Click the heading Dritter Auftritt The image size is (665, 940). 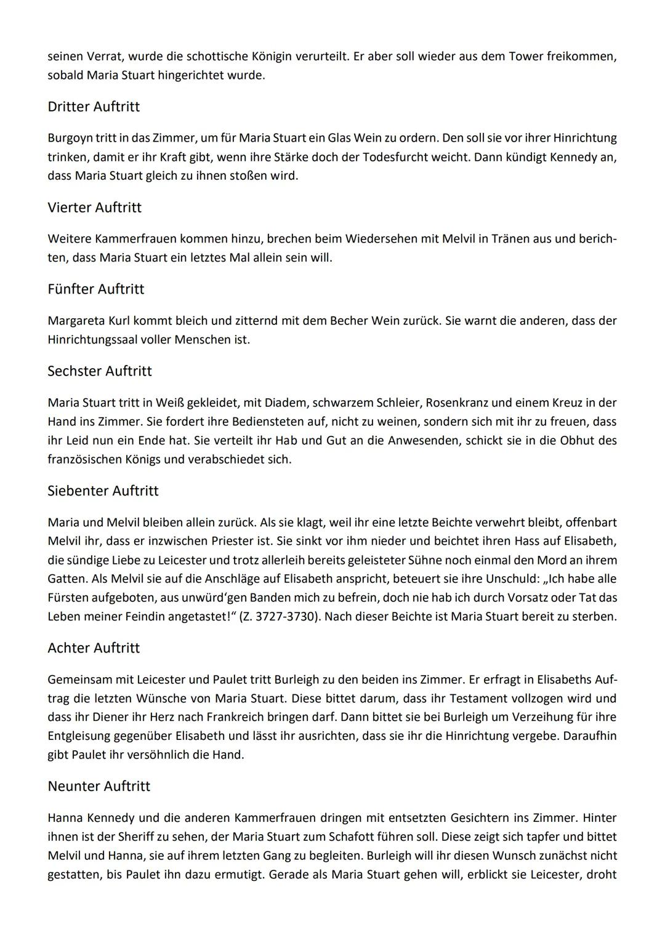coord(94,106)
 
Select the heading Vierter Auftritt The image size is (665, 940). coord(94,207)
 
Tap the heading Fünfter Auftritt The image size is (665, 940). coord(95,289)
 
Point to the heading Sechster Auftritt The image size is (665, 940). coord(100,371)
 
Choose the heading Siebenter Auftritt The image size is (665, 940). coord(103,491)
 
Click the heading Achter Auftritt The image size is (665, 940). coord(94,648)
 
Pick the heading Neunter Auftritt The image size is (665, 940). coord(99,786)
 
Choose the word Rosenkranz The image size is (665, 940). coord(439,403)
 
